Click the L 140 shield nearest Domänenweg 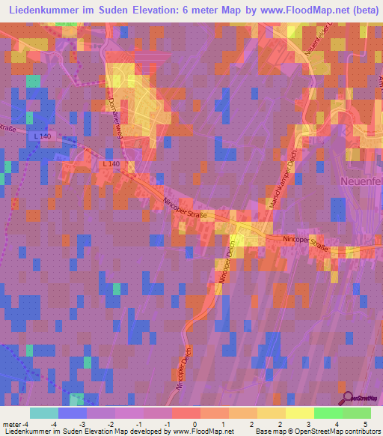(x=109, y=163)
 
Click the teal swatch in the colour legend (x=43, y=413)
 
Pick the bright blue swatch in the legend (x=72, y=413)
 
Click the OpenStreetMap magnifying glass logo (x=347, y=398)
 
